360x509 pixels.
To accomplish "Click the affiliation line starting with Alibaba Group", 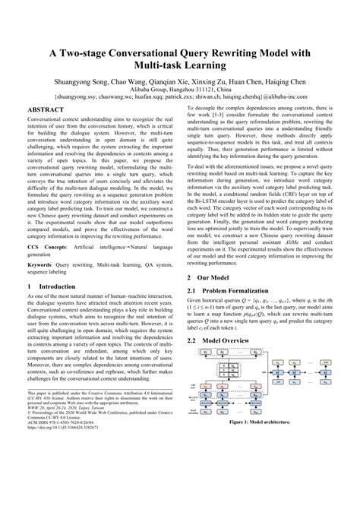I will (181, 89).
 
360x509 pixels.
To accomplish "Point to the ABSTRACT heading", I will (46, 109).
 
